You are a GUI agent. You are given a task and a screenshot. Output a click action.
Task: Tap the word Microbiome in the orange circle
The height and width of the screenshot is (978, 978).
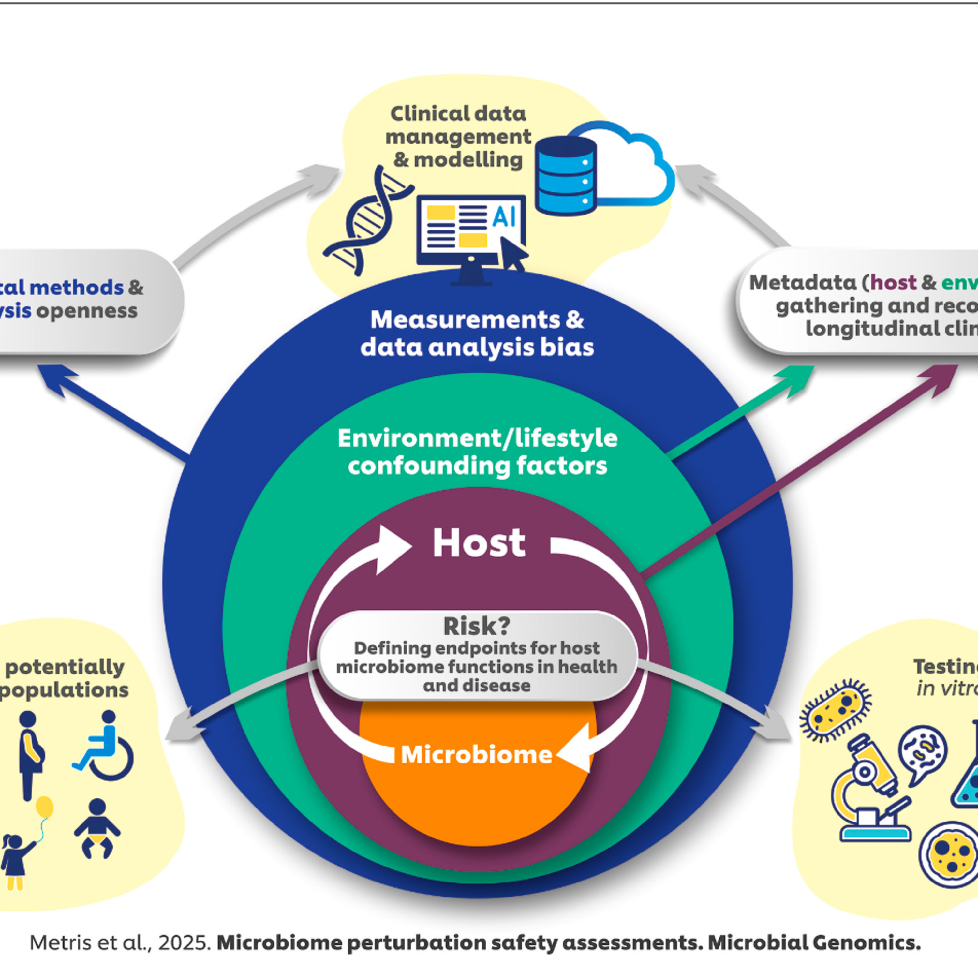[x=476, y=755]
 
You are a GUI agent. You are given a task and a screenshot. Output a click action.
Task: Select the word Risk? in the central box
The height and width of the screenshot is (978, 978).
[x=476, y=626]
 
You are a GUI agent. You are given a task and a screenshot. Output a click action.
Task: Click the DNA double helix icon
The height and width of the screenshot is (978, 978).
[x=368, y=223]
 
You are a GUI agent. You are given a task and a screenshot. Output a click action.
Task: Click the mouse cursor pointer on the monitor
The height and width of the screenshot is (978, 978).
[x=513, y=253]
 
